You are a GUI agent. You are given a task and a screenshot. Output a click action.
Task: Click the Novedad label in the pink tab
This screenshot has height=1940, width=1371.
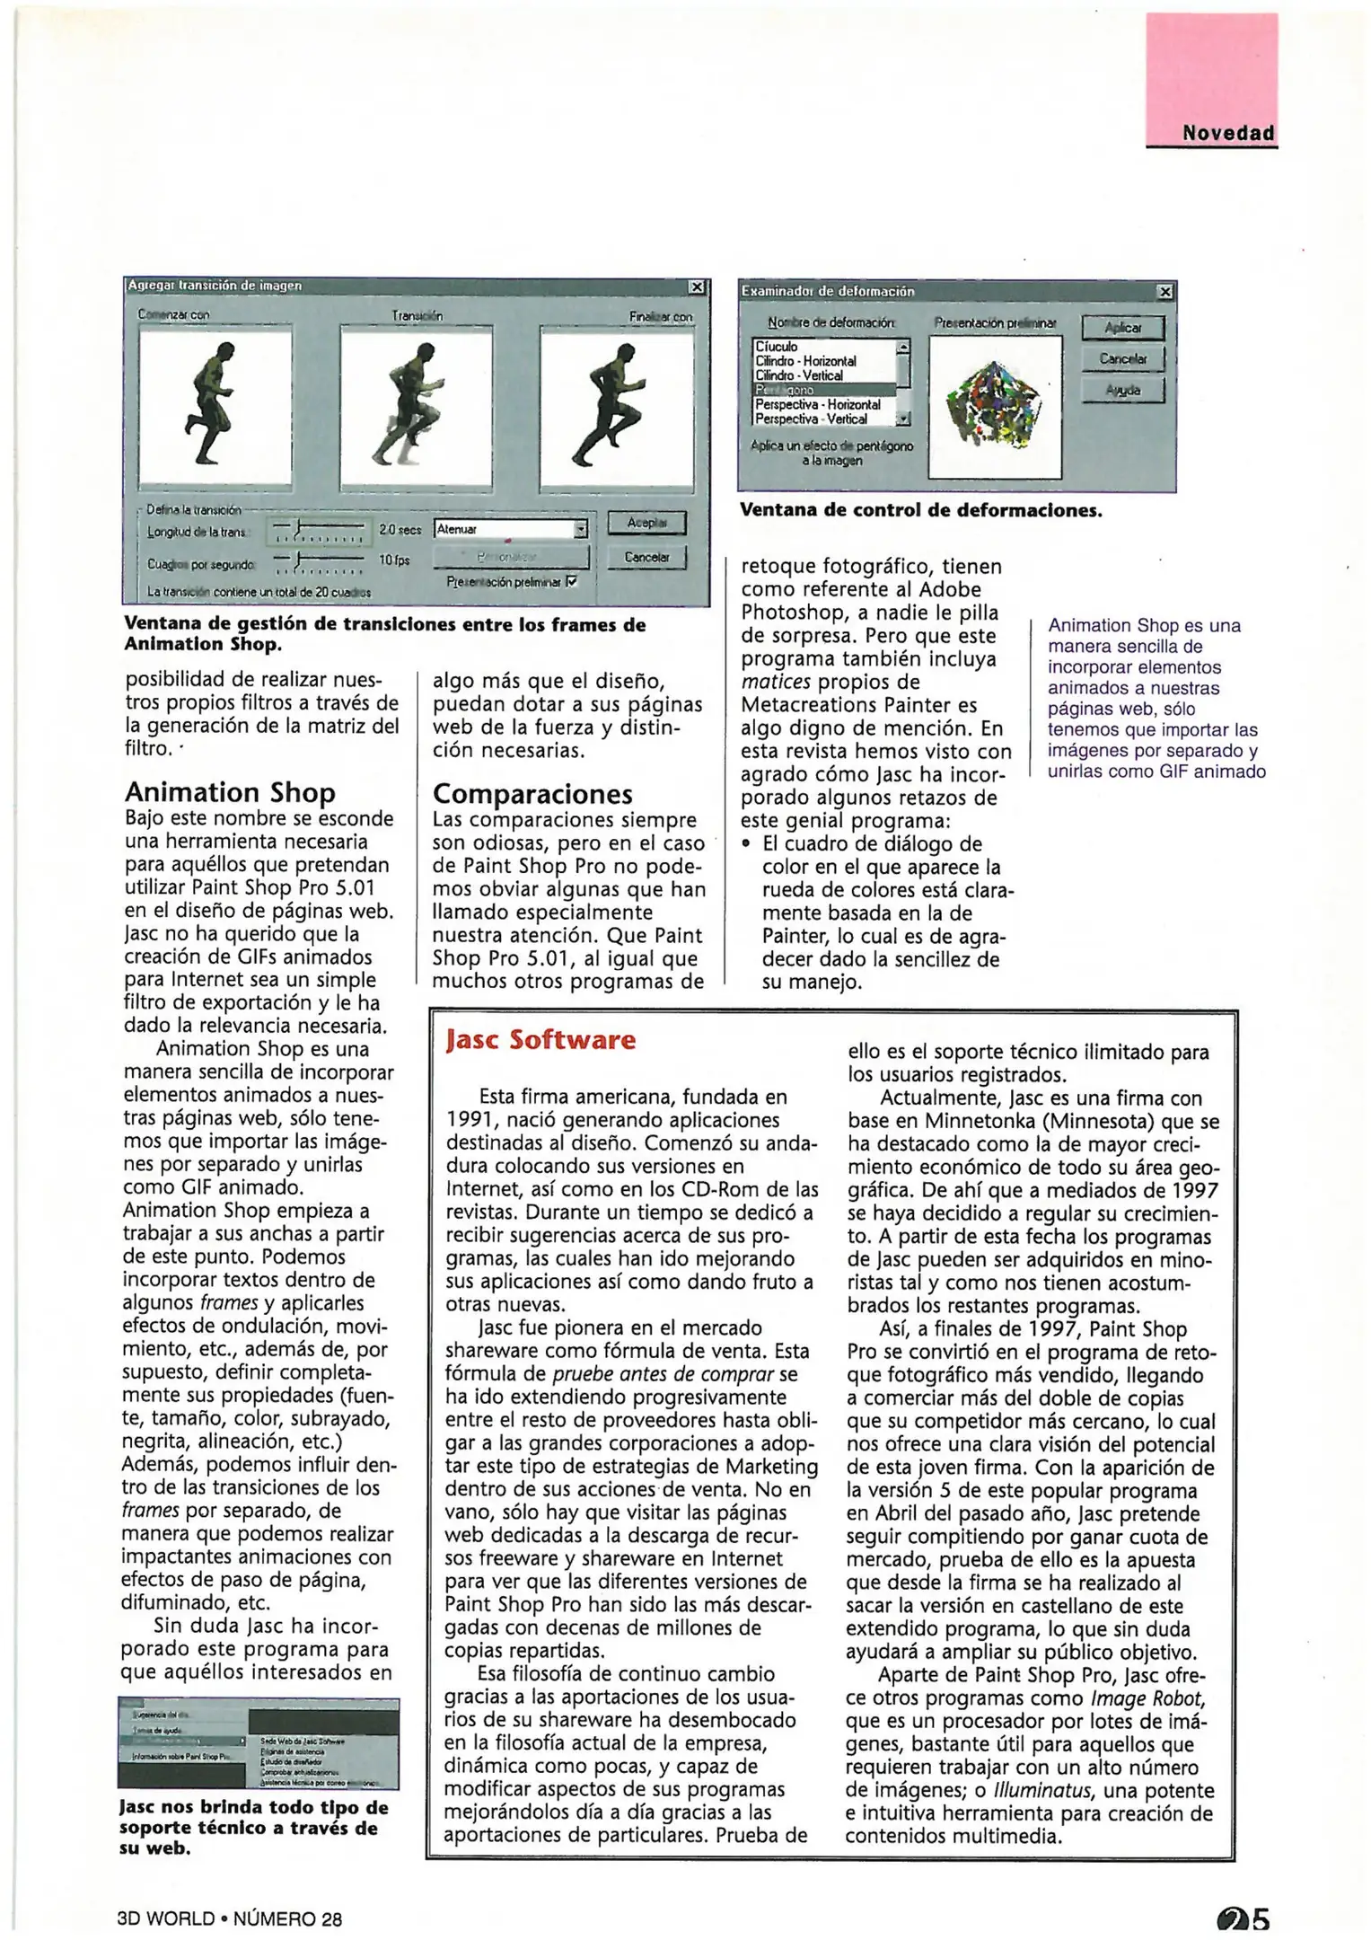(1227, 133)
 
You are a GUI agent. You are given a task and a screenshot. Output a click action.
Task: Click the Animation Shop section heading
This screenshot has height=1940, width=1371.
(230, 792)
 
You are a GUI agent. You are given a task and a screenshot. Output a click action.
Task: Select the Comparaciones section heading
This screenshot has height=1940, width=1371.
(532, 794)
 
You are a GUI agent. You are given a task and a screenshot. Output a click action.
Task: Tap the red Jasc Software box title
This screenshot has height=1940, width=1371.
(540, 1040)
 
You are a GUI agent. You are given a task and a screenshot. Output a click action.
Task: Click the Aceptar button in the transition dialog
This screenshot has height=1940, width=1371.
(646, 522)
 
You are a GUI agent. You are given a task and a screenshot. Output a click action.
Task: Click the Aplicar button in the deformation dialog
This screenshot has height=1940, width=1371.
(1122, 328)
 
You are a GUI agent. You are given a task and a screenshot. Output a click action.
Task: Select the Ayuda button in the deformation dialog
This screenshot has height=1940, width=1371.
(1122, 390)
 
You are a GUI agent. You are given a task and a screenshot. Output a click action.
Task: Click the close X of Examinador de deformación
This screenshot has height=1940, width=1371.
(1164, 292)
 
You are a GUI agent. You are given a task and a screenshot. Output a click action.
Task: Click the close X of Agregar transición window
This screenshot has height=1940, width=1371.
(697, 287)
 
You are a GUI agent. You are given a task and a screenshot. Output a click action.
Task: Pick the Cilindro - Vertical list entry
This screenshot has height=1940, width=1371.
(799, 375)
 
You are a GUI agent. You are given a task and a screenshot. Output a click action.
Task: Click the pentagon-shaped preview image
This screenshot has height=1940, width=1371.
(995, 406)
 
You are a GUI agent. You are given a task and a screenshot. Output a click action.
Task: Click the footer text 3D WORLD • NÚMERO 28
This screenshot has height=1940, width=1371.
(230, 1919)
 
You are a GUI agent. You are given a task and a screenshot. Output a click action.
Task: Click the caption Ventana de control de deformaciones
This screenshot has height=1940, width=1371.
(920, 510)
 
